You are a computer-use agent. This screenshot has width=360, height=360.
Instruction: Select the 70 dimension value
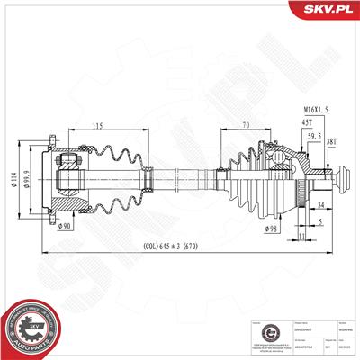(x=244, y=127)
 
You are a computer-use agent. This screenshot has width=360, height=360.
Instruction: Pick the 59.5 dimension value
(x=315, y=138)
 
